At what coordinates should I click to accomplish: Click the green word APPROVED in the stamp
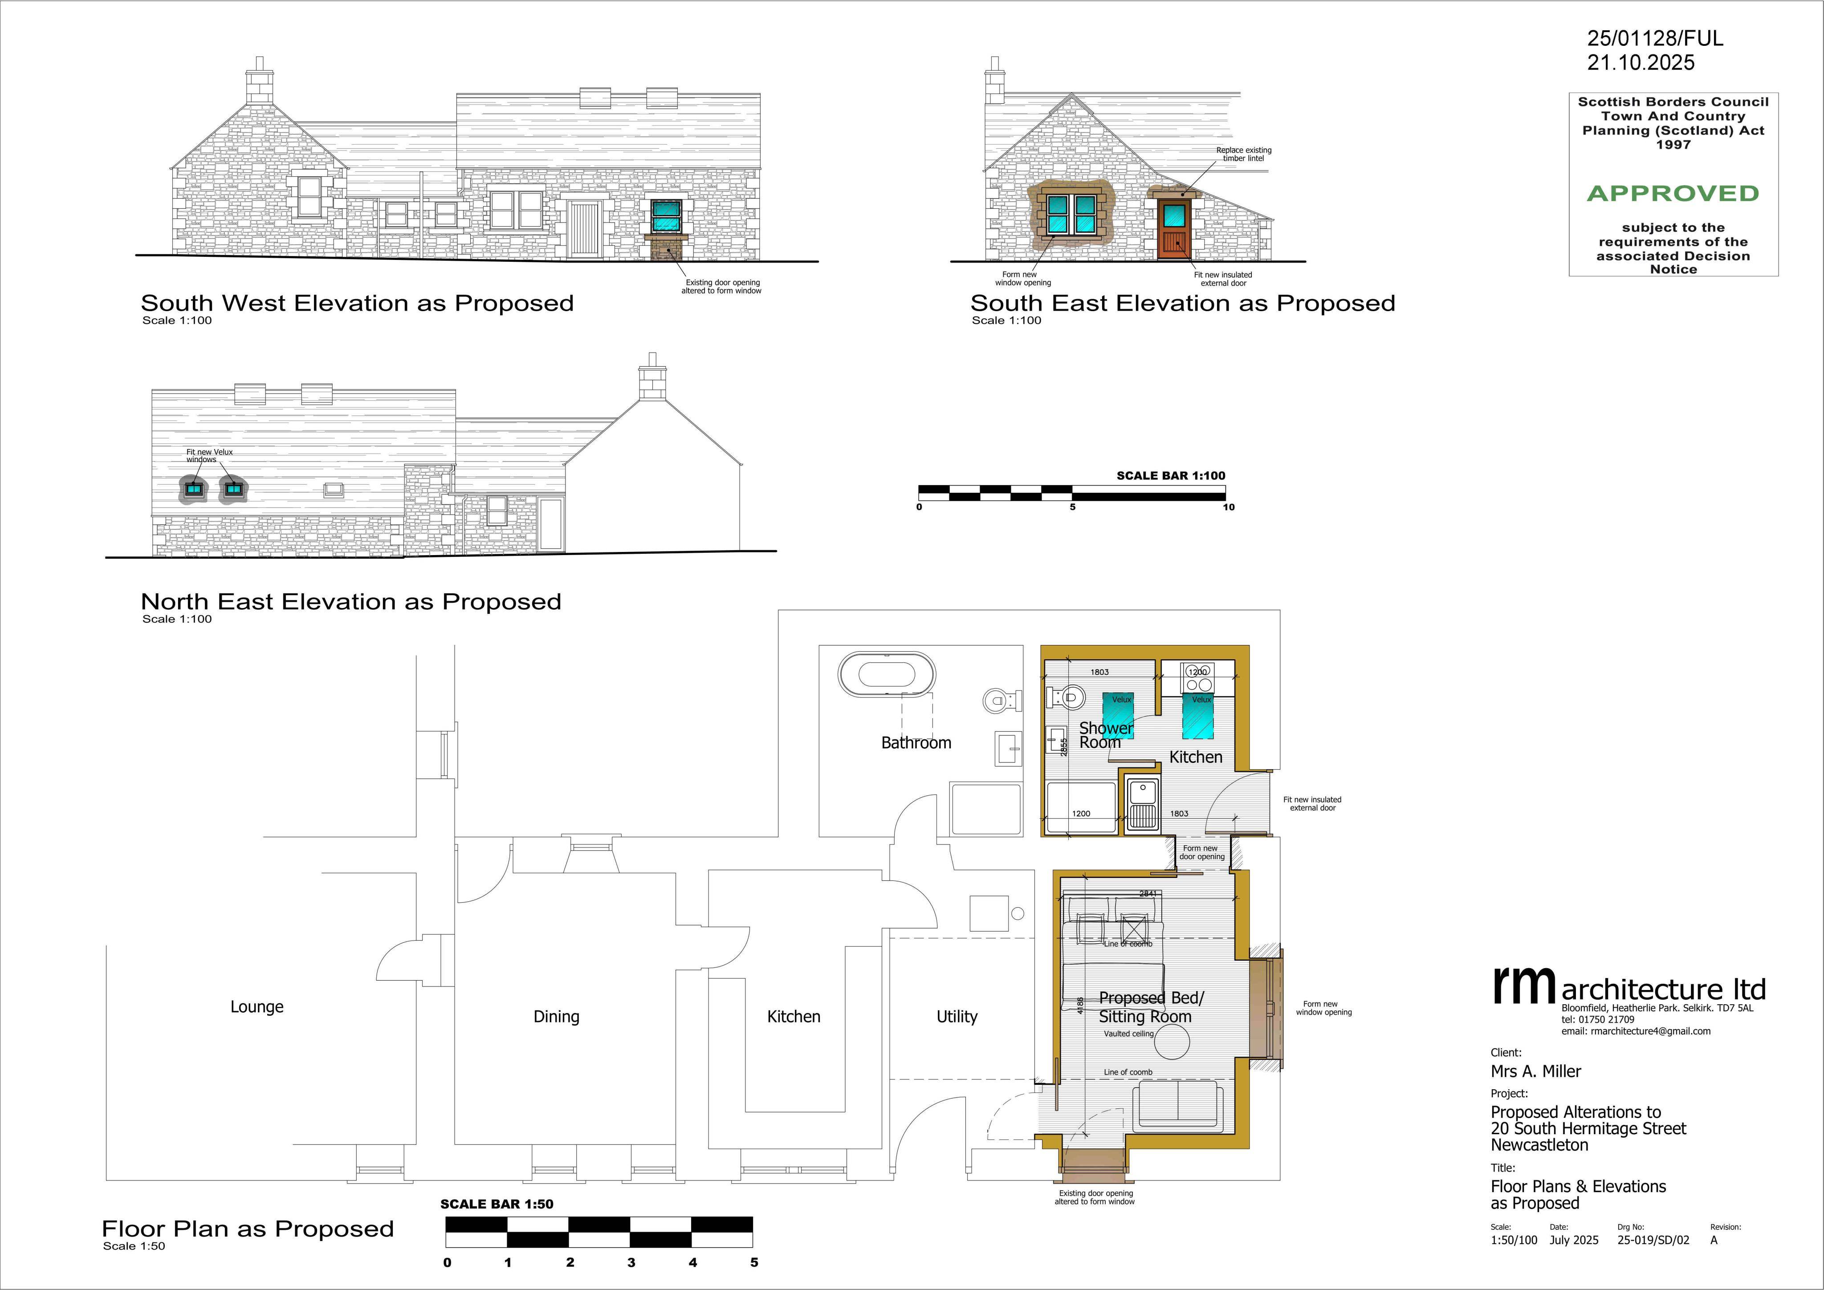(1673, 193)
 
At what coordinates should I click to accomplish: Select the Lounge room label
(256, 1006)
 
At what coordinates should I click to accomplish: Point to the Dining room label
(556, 1017)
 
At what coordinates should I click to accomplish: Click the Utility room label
(957, 1017)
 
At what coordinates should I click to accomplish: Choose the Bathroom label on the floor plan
(916, 742)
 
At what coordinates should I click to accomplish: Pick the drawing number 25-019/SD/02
(1653, 1241)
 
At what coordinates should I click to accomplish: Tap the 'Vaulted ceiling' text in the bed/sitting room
(1128, 1034)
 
